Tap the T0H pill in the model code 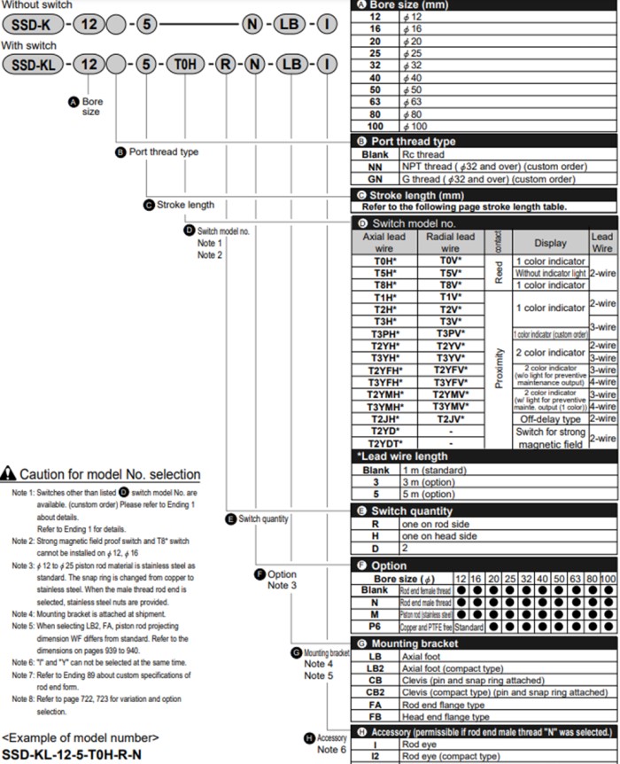[184, 64]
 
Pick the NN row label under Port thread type [375, 167]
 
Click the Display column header [550, 243]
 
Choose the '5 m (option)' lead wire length [429, 494]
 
